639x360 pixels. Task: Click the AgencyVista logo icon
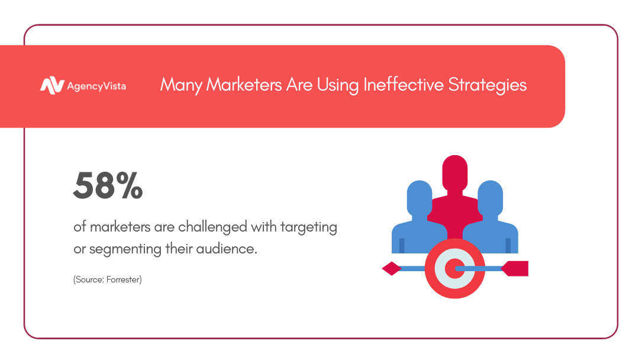(x=52, y=86)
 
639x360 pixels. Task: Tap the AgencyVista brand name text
(x=96, y=86)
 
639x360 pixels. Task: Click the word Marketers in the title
(x=244, y=85)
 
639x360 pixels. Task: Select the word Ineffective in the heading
(x=403, y=85)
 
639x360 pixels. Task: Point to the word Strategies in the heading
(x=488, y=85)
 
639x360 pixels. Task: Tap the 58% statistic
(x=108, y=185)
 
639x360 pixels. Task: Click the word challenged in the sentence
(x=213, y=226)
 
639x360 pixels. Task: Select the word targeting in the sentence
(x=308, y=227)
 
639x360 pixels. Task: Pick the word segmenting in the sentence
(x=125, y=249)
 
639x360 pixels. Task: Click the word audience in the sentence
(x=227, y=248)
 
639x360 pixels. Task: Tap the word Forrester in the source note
(x=124, y=279)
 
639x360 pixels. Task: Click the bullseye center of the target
(x=454, y=269)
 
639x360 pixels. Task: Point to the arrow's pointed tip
(x=383, y=269)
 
